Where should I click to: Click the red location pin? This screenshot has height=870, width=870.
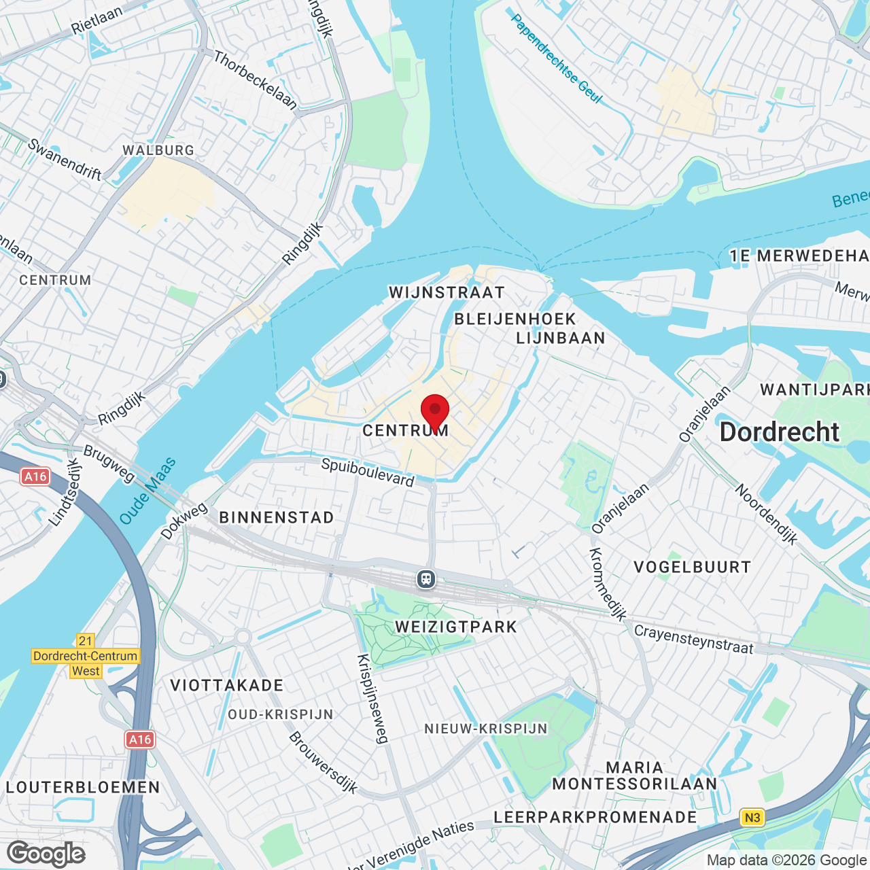435,412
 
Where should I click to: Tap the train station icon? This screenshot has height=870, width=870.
426,579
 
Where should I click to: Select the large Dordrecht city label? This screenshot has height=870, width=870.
780,432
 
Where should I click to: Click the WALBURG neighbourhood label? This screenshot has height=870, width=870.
158,150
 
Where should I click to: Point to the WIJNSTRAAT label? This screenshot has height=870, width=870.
447,293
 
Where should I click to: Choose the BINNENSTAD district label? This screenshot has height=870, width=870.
277,518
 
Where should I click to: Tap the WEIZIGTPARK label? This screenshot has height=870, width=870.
456,627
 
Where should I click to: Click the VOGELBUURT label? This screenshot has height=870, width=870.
692,568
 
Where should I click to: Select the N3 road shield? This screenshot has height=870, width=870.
752,818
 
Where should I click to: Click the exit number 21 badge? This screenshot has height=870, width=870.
86,641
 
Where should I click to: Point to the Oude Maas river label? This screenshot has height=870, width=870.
147,491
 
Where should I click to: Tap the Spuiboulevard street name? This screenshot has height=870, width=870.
368,472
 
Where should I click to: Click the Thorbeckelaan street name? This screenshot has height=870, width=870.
256,80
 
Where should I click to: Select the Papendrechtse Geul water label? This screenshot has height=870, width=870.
556,59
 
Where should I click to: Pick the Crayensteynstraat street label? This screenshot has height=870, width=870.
693,640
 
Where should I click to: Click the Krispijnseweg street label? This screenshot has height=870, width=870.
373,699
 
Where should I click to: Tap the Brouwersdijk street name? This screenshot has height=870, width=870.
323,763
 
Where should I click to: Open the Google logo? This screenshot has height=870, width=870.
46,854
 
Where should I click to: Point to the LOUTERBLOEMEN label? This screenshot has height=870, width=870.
83,788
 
